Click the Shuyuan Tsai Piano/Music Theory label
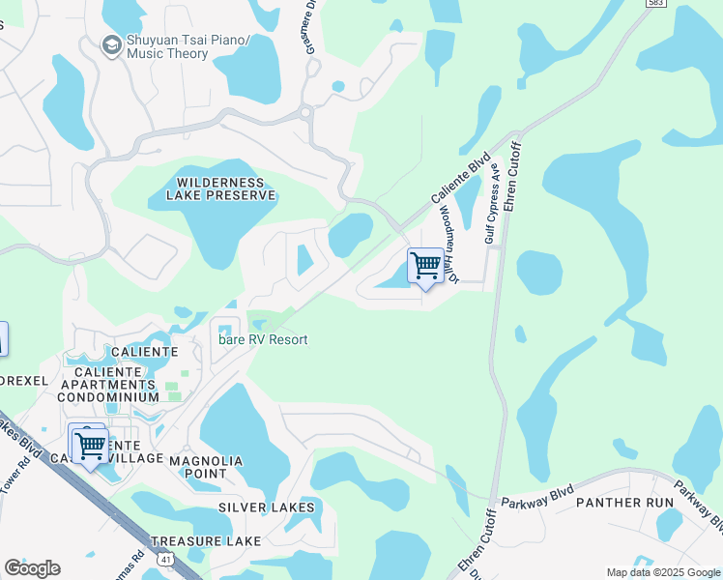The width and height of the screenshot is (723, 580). point(180,46)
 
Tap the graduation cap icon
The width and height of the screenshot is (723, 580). point(111,44)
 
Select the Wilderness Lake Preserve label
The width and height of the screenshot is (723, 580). point(220,188)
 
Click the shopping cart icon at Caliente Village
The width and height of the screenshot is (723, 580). point(90,446)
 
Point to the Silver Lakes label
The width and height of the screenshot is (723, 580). point(266,507)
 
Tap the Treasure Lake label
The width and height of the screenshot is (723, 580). point(205,541)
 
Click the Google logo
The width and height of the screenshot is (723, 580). point(32,567)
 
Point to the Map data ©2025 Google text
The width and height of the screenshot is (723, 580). point(662,572)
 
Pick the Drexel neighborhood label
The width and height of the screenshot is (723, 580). point(23,380)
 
